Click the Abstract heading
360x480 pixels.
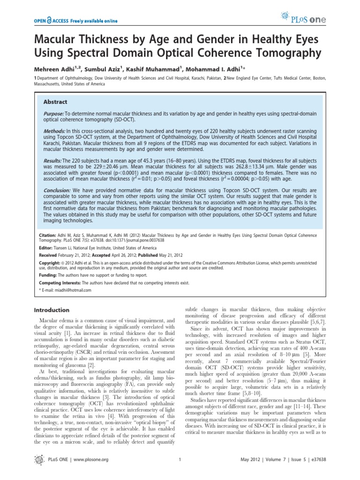(55, 102)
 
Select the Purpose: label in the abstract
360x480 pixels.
(54, 114)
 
